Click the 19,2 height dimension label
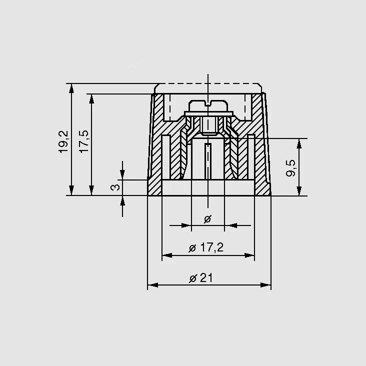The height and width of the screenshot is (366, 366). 63,141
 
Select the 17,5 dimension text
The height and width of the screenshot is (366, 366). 84,141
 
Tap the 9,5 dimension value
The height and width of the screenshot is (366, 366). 290,168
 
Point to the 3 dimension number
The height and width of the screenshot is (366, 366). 115,187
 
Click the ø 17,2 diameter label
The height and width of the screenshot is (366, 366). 206,247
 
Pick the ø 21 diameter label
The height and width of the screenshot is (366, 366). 201,278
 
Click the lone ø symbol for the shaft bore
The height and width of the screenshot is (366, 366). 207,219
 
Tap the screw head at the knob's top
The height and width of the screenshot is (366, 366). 208,105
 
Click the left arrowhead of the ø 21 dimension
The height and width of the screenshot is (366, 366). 152,285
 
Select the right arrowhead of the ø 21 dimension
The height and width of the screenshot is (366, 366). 266,285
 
